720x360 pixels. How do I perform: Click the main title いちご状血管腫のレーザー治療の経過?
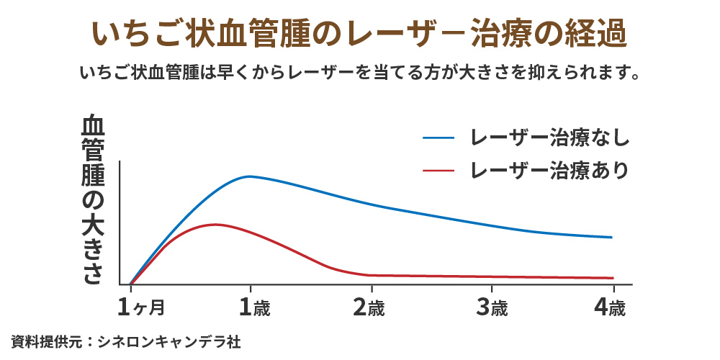[x=359, y=35]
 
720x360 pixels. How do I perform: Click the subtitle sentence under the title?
[x=359, y=73]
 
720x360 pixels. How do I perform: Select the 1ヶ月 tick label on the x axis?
[x=141, y=308]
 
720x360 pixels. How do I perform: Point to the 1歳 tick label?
[x=254, y=308]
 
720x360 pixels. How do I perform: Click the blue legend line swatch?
[x=438, y=137]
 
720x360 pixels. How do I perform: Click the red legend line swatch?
[x=438, y=171]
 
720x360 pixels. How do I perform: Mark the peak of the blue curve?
[x=249, y=176]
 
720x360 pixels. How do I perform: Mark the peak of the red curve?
[x=215, y=225]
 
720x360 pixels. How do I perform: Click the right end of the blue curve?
[x=612, y=238]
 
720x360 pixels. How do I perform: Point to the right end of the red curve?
[x=613, y=278]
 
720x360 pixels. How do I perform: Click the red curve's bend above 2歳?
[x=369, y=275]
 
